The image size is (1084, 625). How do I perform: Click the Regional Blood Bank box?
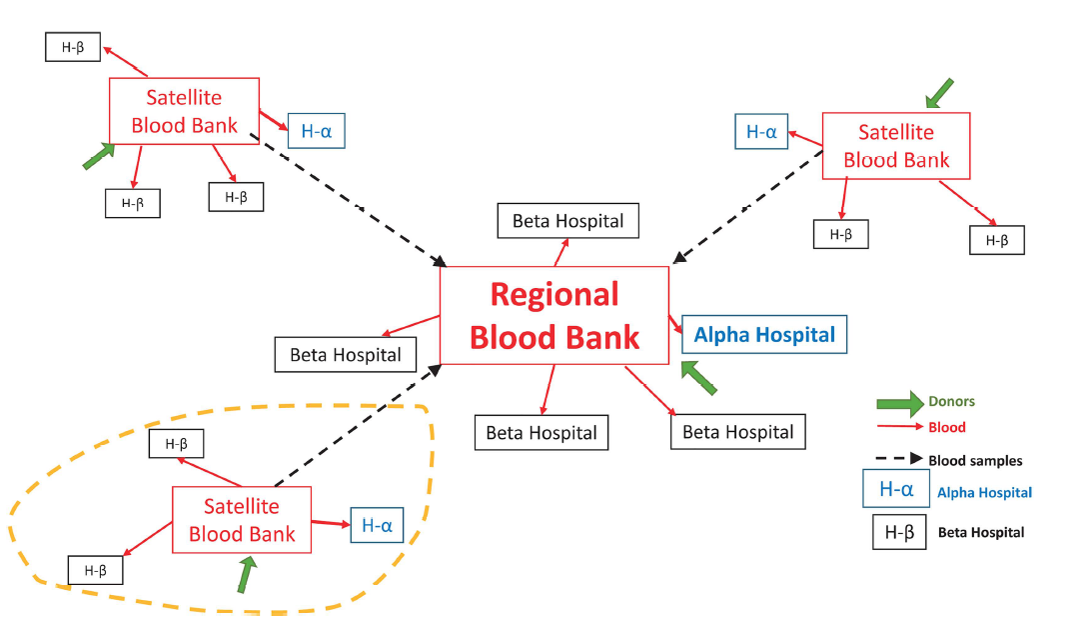pos(554,316)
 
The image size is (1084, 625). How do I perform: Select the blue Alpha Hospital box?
pos(764,334)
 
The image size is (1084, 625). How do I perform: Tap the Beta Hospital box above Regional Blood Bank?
pos(567,221)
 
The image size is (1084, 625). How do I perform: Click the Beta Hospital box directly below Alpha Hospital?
pos(737,432)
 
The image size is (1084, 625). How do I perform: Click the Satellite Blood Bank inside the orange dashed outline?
pos(242,520)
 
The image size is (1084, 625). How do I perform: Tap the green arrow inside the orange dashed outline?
pos(247,575)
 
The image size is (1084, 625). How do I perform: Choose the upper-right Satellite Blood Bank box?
pos(896,146)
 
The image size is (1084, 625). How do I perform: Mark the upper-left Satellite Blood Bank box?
pos(184,111)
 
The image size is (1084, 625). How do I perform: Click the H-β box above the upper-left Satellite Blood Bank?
pos(73,47)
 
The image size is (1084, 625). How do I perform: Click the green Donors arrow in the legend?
pos(899,402)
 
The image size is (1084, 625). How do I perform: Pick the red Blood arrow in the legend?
pos(899,427)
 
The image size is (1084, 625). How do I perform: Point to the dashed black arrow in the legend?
pos(899,460)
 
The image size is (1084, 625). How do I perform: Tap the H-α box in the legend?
pos(896,489)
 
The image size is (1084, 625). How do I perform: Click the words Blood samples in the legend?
pos(975,461)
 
